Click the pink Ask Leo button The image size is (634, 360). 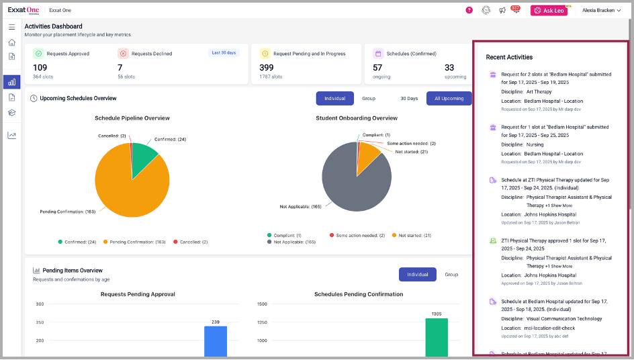548,10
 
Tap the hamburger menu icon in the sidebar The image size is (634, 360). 11,27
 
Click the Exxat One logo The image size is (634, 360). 24,10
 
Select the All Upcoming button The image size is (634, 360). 449,99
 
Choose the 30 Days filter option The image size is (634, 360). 408,99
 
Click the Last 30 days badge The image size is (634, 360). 223,52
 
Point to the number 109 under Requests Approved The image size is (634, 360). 40,67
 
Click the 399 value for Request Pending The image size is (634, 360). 267,67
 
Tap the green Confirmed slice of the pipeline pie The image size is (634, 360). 143,157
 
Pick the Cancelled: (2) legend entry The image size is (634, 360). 190,242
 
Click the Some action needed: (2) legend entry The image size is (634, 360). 359,236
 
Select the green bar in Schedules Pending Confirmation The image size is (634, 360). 436,337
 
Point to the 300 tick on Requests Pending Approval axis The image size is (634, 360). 40,304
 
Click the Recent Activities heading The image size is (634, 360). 509,58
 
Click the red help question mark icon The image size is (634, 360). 469,10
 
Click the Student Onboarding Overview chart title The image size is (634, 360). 356,118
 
